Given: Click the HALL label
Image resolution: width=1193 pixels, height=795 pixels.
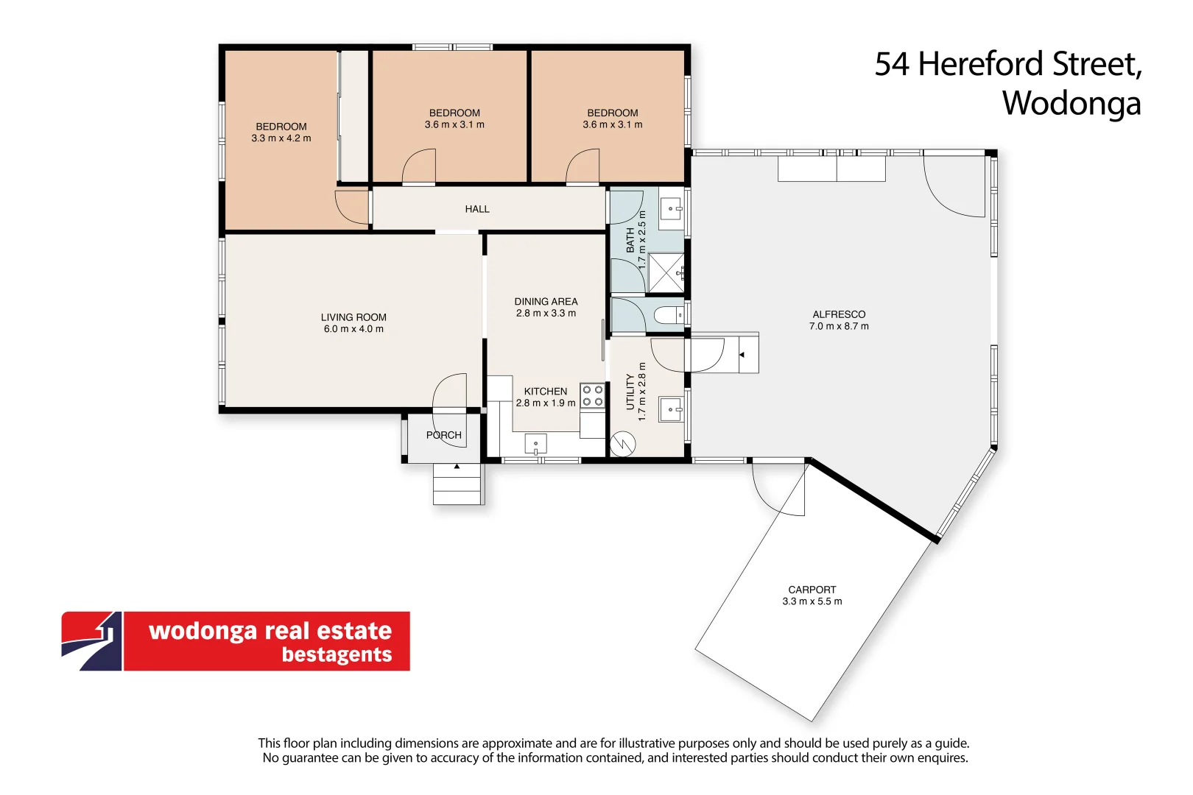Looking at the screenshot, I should (x=477, y=209).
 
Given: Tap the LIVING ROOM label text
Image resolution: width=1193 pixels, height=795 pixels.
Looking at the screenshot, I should (x=353, y=317).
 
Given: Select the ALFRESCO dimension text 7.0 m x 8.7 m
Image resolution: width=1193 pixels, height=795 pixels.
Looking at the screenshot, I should (x=839, y=326).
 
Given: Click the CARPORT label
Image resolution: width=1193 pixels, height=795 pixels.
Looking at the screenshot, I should (x=812, y=590).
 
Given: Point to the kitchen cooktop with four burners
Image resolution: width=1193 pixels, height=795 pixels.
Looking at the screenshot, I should (x=593, y=396).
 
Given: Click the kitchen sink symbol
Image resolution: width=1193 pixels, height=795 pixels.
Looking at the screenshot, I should (x=535, y=444).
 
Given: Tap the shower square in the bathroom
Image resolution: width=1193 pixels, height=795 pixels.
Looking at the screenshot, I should (x=666, y=272).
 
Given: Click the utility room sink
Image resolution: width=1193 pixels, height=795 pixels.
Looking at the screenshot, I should (x=670, y=409).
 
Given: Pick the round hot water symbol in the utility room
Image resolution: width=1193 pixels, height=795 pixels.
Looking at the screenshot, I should (x=623, y=443).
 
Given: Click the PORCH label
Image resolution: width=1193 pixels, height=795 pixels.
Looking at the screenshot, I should (x=444, y=435).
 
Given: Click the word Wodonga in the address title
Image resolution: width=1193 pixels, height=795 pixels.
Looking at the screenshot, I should (x=1071, y=103).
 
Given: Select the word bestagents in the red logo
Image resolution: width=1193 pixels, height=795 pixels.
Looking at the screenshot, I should (x=337, y=654).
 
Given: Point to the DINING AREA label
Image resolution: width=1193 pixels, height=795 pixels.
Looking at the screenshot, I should (x=546, y=301).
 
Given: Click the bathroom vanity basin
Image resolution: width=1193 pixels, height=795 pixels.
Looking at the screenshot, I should (x=670, y=208).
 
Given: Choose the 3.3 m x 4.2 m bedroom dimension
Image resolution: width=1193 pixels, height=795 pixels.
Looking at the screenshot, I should (x=281, y=138).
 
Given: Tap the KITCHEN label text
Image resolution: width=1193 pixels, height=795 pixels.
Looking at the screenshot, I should (x=546, y=392).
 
